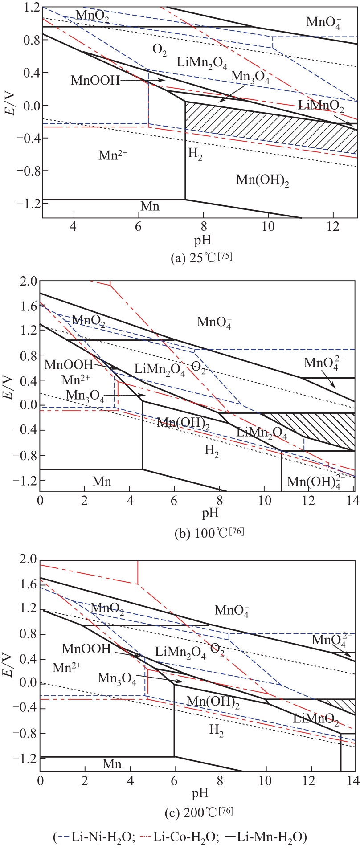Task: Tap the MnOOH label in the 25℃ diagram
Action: [x=95, y=81]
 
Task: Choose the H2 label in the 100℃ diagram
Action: [x=212, y=451]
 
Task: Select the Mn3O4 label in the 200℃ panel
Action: [x=117, y=679]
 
